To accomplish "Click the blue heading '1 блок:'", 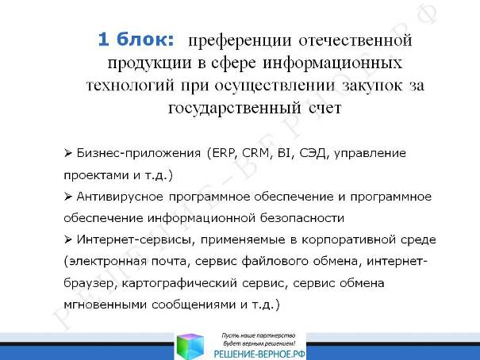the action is tap(136, 40).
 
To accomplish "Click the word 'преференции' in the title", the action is tap(240, 41).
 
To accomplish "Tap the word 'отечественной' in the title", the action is tap(355, 40).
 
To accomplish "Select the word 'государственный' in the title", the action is tap(235, 109).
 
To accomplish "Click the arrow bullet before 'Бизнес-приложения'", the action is tap(68, 152).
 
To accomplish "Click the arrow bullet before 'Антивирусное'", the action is tap(68, 197).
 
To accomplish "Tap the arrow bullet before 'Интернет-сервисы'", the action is tap(68, 239).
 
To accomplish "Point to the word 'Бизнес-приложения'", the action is tap(139, 154).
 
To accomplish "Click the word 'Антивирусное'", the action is tap(120, 197).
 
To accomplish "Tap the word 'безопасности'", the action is tap(302, 218).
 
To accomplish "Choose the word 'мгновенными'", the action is tap(105, 305).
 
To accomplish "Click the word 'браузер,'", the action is tap(90, 284).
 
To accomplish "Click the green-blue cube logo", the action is tap(190, 347).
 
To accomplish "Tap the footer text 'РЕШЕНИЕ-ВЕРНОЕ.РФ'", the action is tap(259, 354).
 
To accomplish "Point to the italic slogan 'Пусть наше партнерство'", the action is tap(259, 336).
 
